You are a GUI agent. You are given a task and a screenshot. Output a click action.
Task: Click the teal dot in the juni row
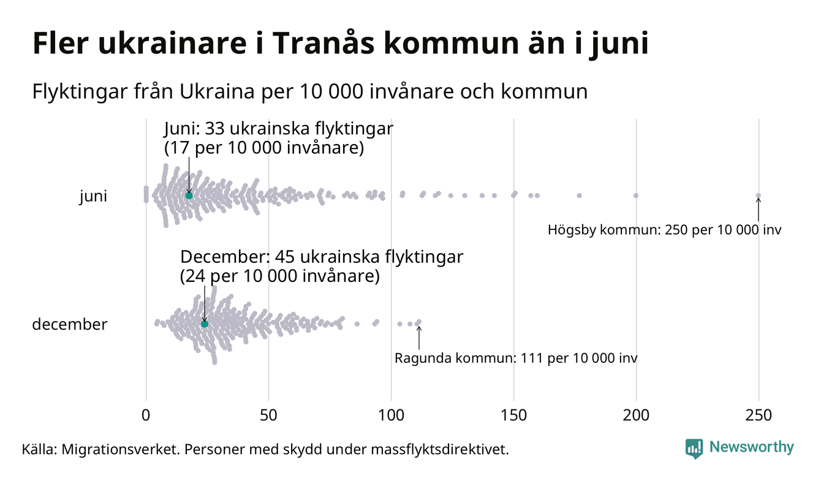click(189, 195)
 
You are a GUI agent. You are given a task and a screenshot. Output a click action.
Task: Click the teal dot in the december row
click(205, 324)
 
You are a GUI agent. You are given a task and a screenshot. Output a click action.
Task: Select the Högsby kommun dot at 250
click(759, 196)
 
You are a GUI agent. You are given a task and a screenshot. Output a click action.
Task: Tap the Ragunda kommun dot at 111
click(418, 322)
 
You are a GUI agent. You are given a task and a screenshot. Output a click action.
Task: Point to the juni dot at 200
click(636, 195)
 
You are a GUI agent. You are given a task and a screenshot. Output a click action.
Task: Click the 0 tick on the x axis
click(146, 415)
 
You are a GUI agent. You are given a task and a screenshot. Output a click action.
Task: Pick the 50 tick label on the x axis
click(268, 415)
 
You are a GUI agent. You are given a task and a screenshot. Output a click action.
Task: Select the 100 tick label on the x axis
click(391, 415)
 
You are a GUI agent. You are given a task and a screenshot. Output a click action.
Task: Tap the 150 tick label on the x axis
click(513, 415)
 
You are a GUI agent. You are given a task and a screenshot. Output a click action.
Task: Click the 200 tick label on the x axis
click(636, 415)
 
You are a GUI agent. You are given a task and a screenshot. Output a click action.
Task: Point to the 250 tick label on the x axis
click(759, 415)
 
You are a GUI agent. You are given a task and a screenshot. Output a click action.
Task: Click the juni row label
click(93, 197)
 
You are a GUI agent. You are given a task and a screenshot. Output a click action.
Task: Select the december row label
click(69, 324)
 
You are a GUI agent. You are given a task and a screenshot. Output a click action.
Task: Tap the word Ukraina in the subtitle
click(214, 92)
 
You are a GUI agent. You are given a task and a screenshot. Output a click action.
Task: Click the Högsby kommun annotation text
click(665, 230)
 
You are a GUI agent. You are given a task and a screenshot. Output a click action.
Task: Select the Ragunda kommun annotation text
click(516, 358)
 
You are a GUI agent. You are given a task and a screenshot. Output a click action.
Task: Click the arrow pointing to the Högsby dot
click(759, 210)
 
